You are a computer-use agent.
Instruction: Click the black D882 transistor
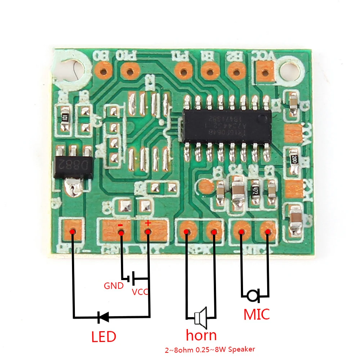(73, 166)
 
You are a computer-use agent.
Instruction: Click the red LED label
(104, 337)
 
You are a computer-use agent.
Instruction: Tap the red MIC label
(257, 314)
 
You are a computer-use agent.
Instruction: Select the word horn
(201, 335)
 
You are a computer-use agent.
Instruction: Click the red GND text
(114, 286)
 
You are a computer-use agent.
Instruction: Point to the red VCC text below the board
(140, 292)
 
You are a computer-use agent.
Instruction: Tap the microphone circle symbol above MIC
(252, 296)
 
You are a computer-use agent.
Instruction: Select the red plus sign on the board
(148, 224)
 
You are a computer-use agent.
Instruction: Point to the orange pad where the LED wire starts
(73, 231)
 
